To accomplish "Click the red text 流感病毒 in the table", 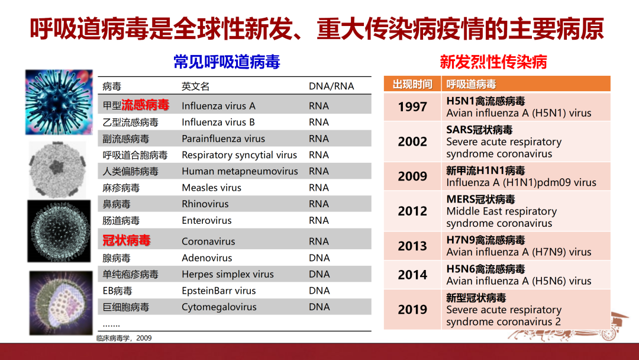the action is [x=145, y=105].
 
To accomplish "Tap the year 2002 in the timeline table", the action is [x=412, y=142].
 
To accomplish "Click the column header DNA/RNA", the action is [x=331, y=86].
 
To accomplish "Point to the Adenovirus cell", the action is [x=206, y=258].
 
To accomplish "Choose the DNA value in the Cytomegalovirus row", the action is [x=319, y=307].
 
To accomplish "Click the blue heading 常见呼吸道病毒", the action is [x=227, y=62].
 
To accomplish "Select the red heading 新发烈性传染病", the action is [x=493, y=62].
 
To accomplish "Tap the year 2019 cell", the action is [x=412, y=310].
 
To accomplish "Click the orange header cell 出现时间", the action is [x=412, y=84].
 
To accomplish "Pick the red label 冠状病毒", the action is [x=127, y=240].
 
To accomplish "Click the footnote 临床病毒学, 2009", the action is [x=124, y=338].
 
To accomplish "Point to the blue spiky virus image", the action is [x=59, y=102].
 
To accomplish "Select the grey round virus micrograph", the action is [x=57, y=169].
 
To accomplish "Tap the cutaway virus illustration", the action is [x=61, y=303].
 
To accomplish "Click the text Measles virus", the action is [x=211, y=188].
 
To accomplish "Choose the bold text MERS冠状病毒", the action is [x=480, y=200].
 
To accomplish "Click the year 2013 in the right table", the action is [x=412, y=246].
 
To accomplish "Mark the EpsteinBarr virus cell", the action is [x=218, y=291].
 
